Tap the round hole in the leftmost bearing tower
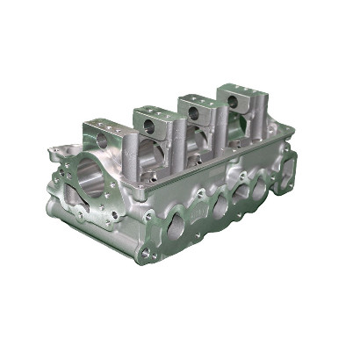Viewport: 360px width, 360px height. coord(104,140)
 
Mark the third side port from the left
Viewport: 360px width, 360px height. coord(243,193)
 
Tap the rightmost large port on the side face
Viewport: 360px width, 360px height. coord(261,186)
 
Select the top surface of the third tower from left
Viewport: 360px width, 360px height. coord(198,101)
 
